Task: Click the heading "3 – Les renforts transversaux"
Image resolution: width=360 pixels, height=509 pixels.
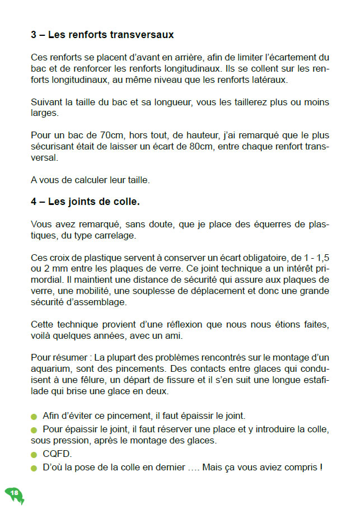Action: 102,35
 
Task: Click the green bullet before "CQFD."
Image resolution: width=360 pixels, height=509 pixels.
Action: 34,455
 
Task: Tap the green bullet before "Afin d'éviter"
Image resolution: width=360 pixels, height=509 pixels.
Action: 34,417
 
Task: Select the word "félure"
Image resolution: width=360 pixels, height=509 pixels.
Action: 69,380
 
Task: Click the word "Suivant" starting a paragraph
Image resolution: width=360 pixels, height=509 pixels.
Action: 46,102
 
